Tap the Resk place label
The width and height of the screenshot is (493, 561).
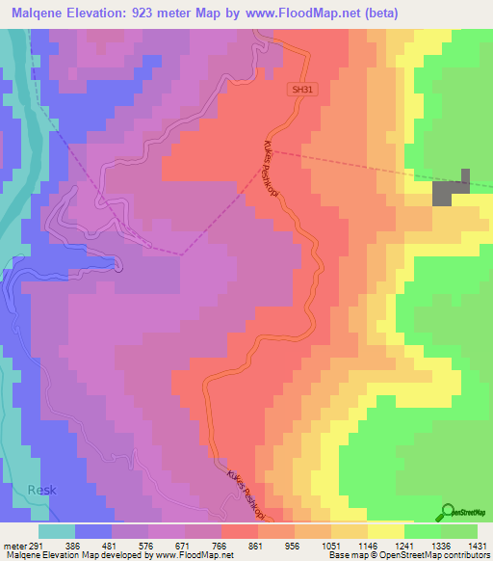41,490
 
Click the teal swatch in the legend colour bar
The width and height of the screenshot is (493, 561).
57,532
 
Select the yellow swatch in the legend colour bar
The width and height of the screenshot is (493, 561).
386,532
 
